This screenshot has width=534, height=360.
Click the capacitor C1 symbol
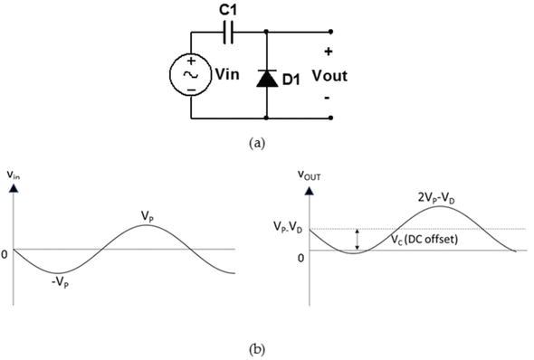(x=228, y=34)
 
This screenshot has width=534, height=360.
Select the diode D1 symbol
(x=266, y=78)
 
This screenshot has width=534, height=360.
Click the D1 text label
(x=291, y=80)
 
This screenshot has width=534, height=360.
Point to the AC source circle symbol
(x=192, y=76)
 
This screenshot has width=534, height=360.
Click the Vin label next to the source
(x=226, y=75)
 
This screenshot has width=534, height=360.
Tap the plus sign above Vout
(x=328, y=52)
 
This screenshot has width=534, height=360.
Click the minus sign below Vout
(x=328, y=98)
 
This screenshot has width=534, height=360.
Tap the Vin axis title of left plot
(x=14, y=176)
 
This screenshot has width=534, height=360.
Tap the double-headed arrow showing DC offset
(x=358, y=240)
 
